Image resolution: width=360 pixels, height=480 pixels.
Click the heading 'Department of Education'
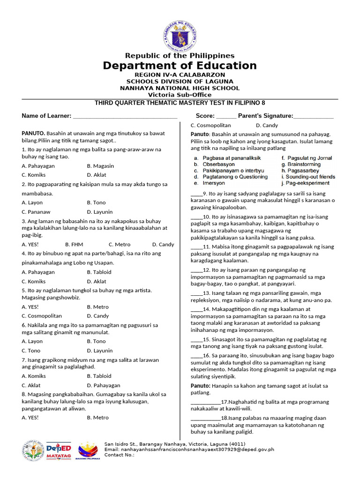point(180,66)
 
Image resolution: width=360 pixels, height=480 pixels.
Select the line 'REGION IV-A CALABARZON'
point(180,75)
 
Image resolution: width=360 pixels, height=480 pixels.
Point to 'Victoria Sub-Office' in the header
point(180,95)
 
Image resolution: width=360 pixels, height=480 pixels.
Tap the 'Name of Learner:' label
point(46,116)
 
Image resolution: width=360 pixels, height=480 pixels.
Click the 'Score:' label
point(205,116)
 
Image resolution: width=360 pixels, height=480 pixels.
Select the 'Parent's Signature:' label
point(265,116)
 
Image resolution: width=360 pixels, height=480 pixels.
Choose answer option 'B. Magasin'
point(100,166)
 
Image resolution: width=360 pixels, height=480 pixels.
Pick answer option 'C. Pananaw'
point(36,212)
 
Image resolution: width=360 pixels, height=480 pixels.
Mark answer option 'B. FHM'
point(74,244)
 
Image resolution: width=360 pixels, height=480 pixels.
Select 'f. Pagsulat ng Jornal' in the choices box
point(307,158)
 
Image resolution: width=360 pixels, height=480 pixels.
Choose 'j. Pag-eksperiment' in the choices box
point(305,183)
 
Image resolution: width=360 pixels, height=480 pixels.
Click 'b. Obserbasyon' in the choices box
point(214,165)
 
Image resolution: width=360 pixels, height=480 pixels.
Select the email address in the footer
point(189,449)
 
